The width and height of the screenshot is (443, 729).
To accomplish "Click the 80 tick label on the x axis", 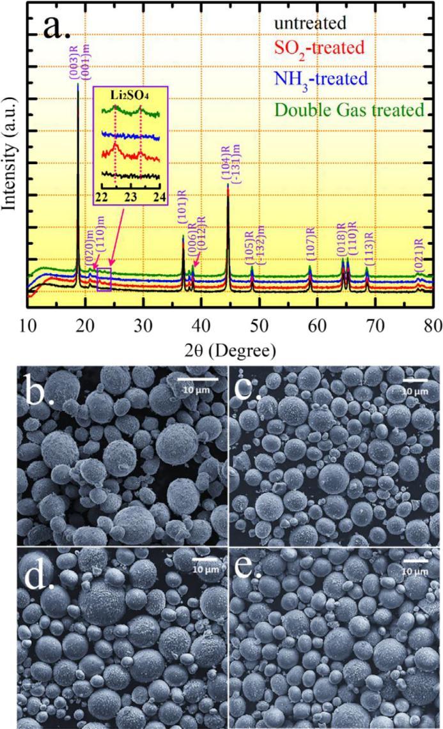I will coord(433,324).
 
